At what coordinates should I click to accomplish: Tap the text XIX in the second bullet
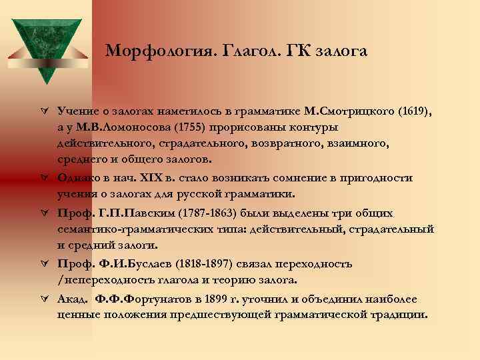click(x=149, y=178)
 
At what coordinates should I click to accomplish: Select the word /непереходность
click(x=101, y=280)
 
